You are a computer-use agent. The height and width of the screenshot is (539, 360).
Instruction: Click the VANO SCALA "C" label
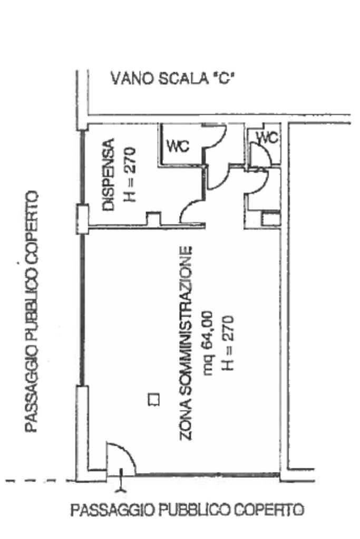(x=172, y=80)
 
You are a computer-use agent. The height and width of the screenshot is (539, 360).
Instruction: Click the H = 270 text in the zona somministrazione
(x=228, y=342)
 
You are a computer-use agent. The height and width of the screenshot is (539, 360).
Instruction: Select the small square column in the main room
(x=153, y=399)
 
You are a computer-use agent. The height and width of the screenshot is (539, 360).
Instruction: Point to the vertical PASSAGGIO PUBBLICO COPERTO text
(x=33, y=311)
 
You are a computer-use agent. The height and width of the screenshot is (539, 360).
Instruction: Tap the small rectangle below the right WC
(x=271, y=219)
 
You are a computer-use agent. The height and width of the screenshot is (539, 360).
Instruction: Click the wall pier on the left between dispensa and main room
(x=82, y=219)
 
